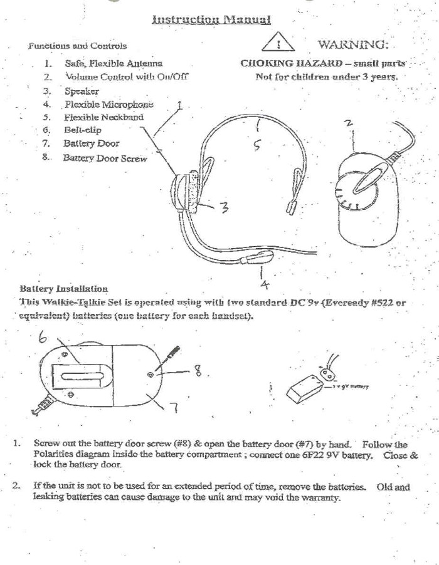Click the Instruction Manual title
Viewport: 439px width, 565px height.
point(211,19)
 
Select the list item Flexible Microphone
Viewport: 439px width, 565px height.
point(108,104)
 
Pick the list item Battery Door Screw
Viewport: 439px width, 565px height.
point(105,158)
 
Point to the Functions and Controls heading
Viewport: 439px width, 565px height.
point(77,46)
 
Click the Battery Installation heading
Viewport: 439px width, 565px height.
point(63,289)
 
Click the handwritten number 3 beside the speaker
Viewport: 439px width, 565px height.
point(224,208)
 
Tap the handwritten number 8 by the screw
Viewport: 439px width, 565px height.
point(199,373)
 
